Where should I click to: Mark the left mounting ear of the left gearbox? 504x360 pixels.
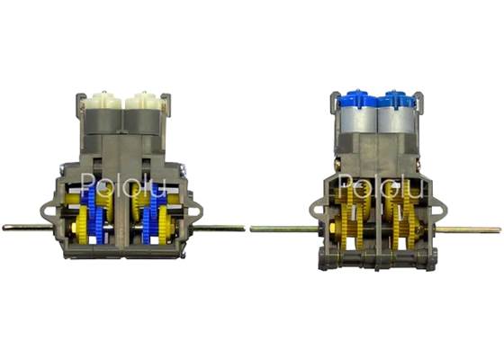pos(49,212)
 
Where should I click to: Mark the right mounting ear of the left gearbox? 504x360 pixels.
pos(196,212)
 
